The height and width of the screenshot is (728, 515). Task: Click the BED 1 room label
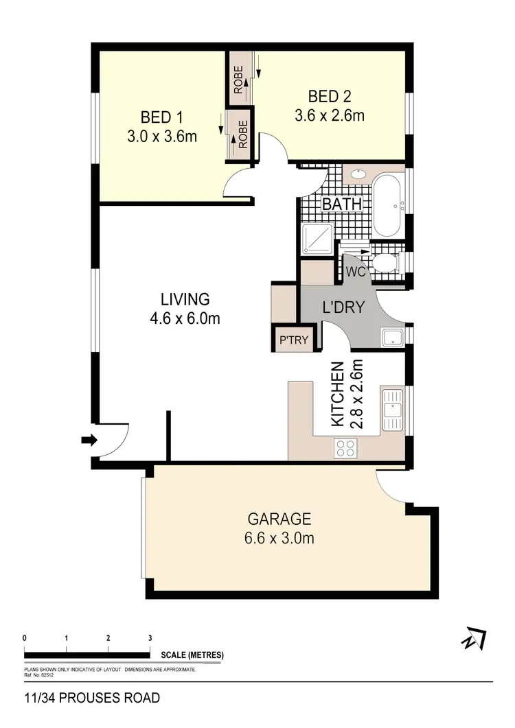[x=162, y=115]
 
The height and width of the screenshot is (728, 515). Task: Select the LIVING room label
[x=185, y=299]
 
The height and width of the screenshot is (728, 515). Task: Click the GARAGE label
[x=279, y=519]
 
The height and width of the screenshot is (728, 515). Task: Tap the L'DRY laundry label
[x=343, y=307]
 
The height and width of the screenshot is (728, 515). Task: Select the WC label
[x=354, y=272]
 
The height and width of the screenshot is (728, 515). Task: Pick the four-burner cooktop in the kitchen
[x=345, y=448]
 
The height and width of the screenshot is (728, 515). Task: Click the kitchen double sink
[x=393, y=410]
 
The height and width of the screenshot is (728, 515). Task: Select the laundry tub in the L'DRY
[x=392, y=337]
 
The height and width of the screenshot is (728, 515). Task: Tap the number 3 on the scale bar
[x=150, y=638]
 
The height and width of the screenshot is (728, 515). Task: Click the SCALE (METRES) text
[x=192, y=655]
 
